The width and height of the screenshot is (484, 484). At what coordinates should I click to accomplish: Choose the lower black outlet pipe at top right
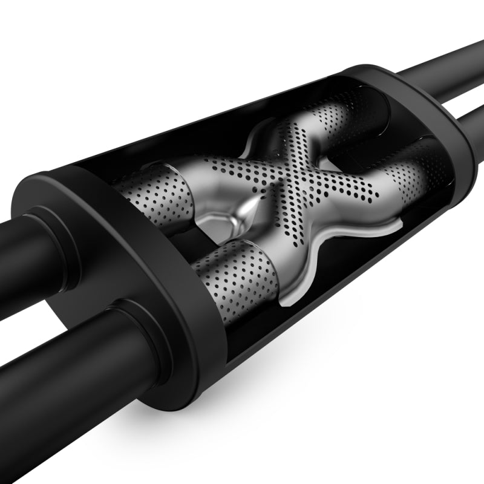tap(466, 103)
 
